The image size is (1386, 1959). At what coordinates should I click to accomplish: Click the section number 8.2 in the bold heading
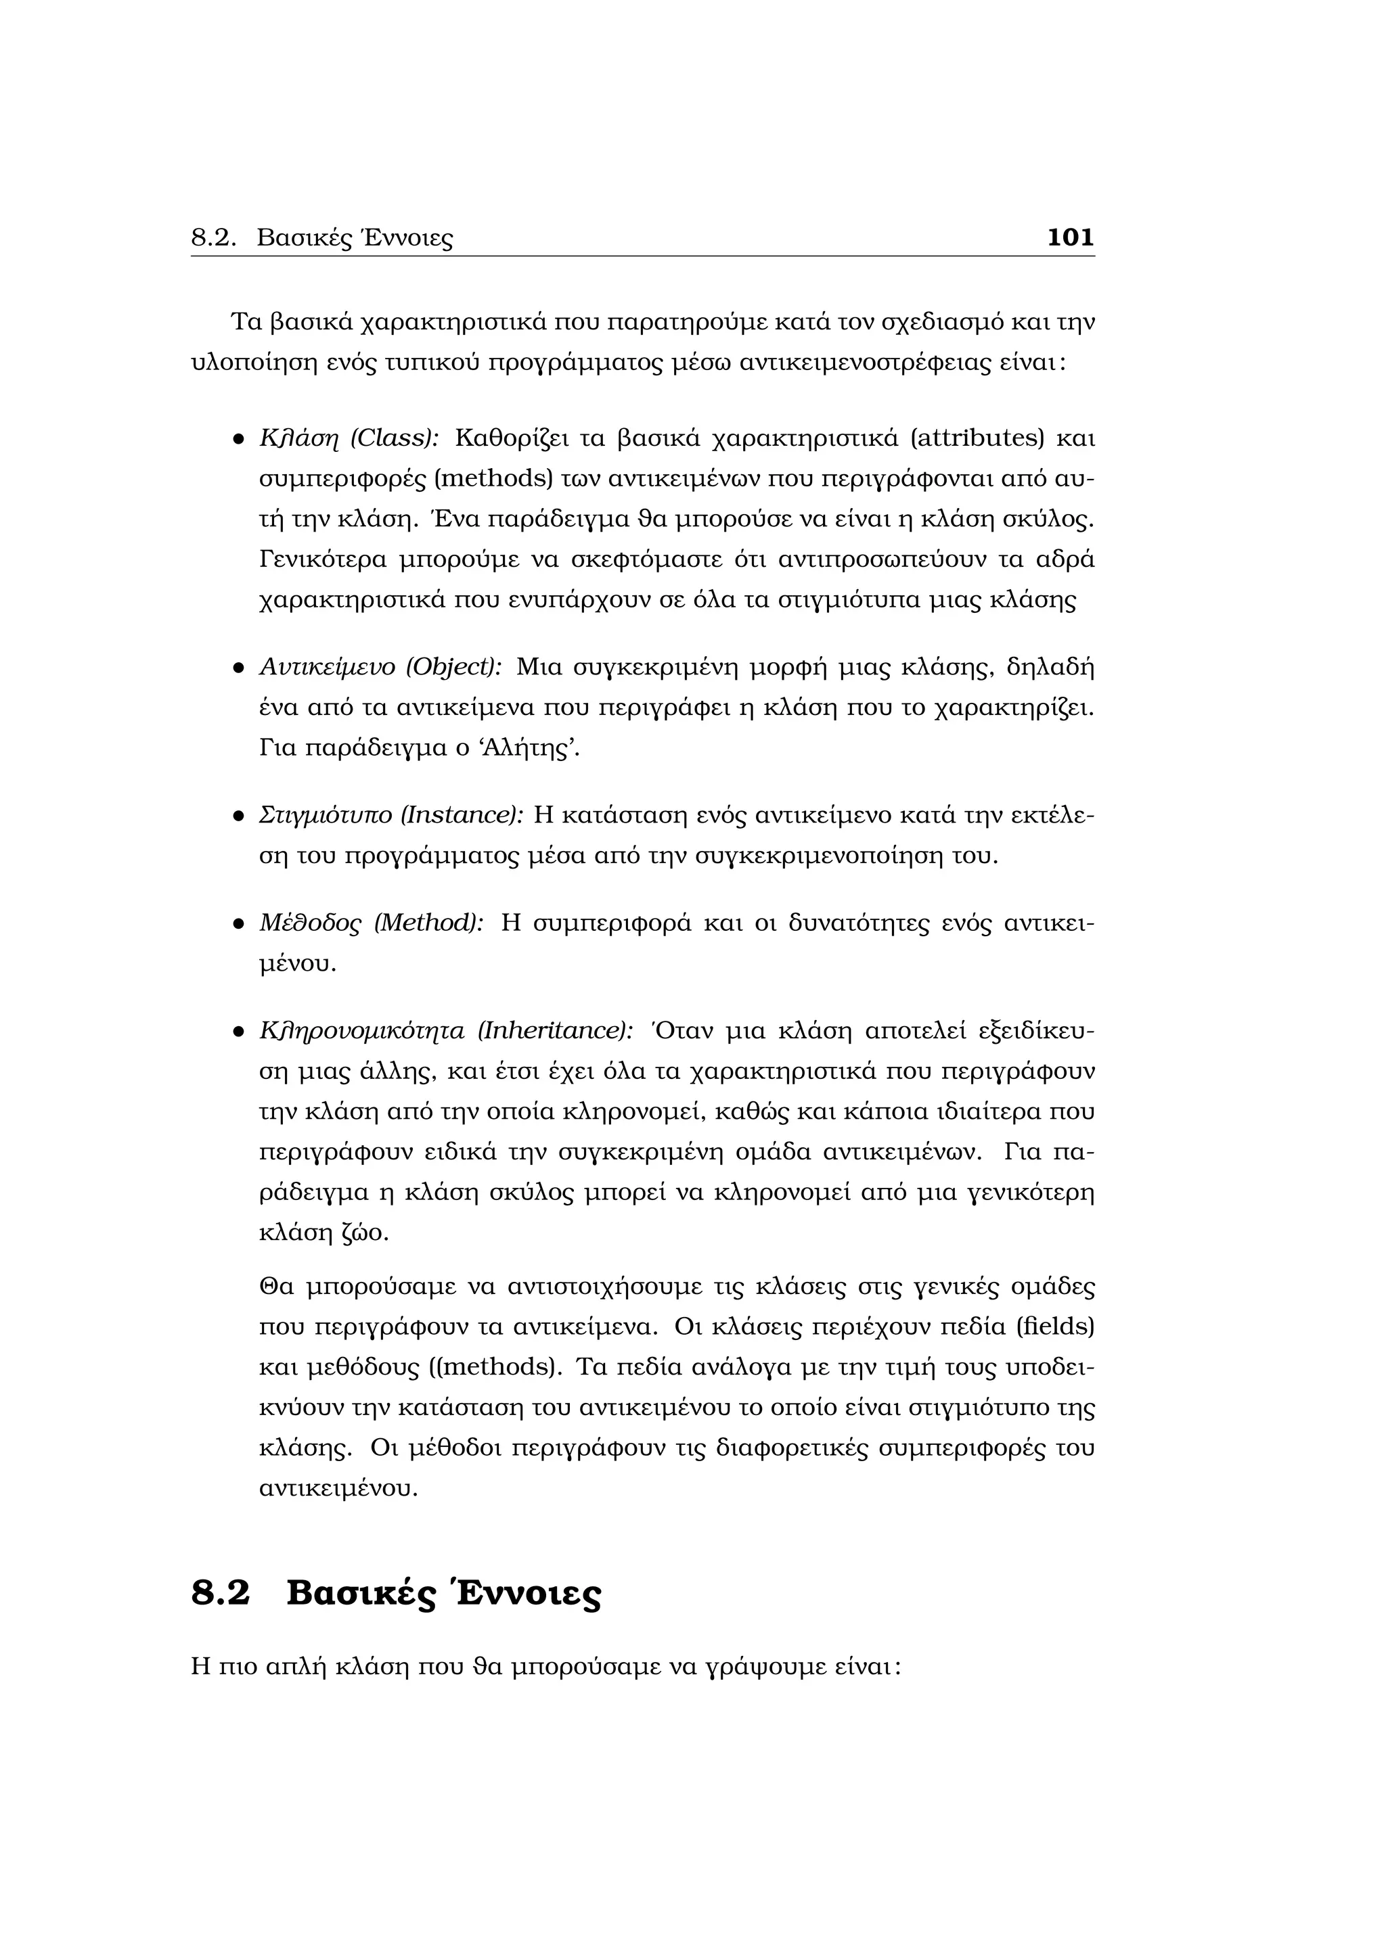[x=220, y=1594]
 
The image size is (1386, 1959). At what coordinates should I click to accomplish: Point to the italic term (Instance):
[x=461, y=815]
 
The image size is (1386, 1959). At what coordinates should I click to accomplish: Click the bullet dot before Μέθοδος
[x=240, y=924]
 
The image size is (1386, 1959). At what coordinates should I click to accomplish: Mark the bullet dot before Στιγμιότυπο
[x=240, y=816]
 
